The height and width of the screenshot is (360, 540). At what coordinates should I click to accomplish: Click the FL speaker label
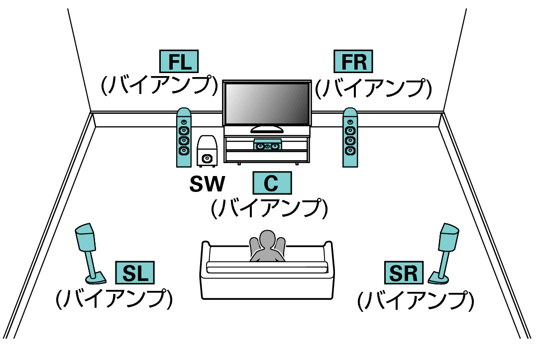179,61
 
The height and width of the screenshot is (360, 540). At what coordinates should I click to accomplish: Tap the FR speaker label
353,61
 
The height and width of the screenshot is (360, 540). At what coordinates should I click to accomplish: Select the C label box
272,183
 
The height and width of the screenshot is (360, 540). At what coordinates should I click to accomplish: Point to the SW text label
207,183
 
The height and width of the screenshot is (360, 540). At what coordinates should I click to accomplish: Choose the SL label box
135,272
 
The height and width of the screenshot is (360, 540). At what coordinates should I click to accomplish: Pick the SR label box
404,272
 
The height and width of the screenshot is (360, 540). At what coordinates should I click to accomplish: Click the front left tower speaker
184,138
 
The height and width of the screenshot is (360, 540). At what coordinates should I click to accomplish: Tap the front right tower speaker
350,138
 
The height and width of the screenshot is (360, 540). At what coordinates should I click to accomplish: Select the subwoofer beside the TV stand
207,151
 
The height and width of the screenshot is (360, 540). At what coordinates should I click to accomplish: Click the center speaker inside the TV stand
268,145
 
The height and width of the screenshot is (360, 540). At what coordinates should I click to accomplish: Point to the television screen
267,103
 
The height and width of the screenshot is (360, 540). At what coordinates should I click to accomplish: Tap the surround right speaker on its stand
444,254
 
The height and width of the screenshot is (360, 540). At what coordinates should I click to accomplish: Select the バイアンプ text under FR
373,89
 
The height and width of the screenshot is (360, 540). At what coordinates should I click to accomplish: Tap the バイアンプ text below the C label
269,208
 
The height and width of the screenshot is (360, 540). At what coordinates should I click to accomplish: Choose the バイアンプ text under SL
114,298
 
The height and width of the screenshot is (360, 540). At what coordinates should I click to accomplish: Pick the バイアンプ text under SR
416,300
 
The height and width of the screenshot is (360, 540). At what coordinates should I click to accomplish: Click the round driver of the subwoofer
207,158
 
